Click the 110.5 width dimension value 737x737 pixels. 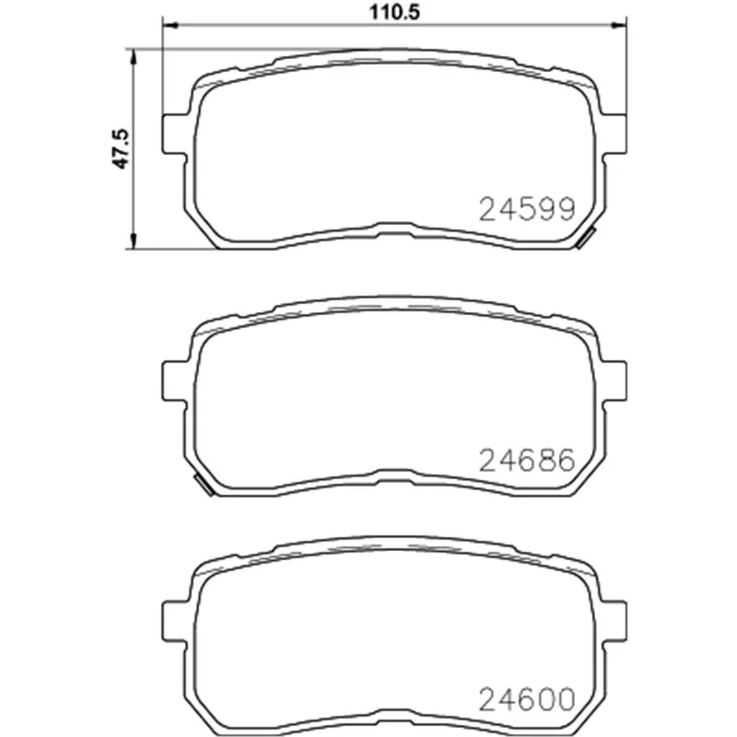click(x=394, y=12)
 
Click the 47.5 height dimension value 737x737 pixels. click(x=121, y=148)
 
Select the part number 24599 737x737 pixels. click(x=527, y=209)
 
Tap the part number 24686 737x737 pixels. click(x=527, y=460)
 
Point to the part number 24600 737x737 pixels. click(x=527, y=699)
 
